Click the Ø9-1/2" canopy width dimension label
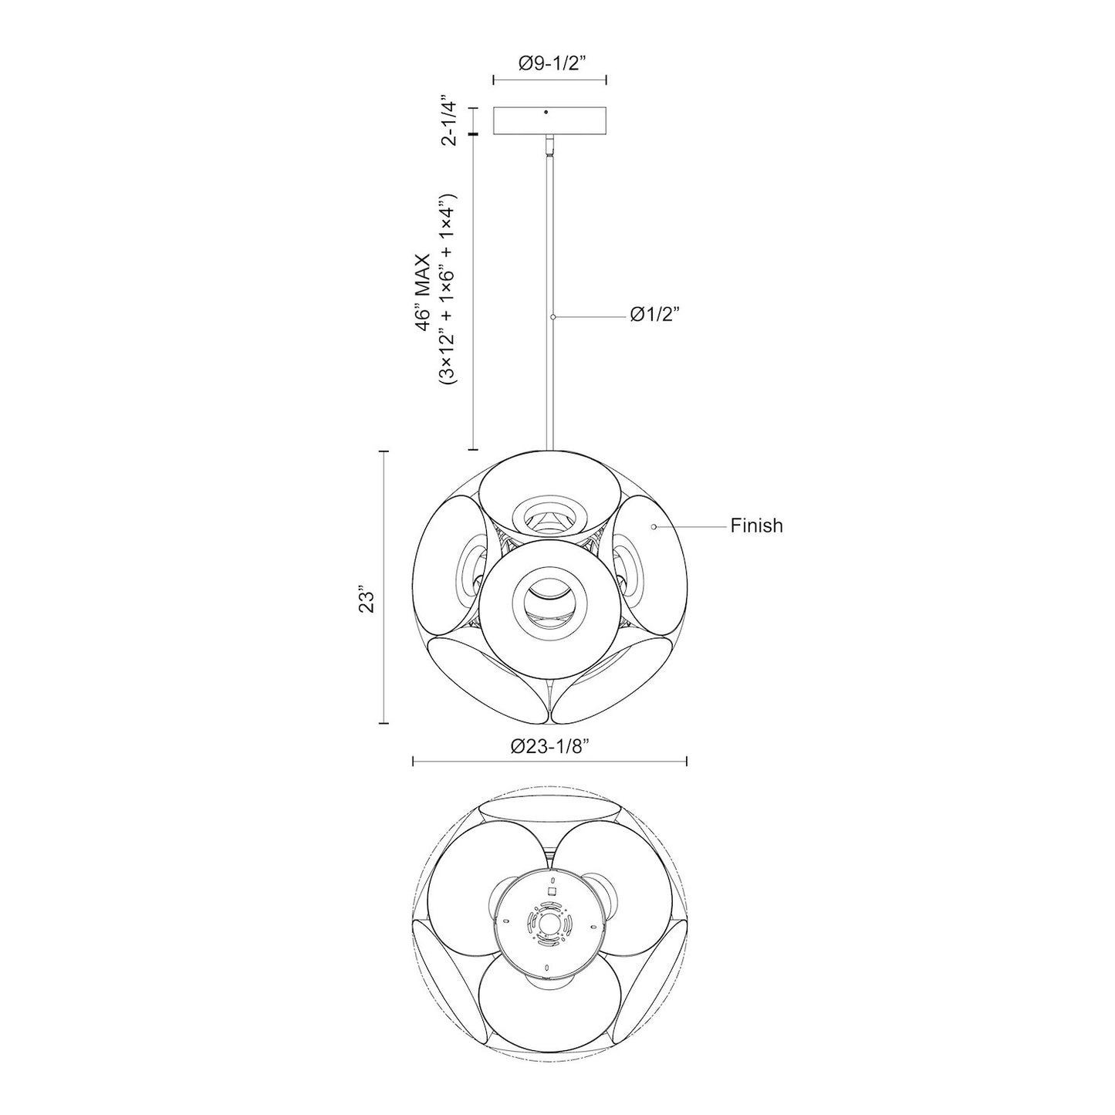(x=549, y=64)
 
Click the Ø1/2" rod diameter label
(x=655, y=315)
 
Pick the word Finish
(x=756, y=526)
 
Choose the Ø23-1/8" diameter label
(x=550, y=746)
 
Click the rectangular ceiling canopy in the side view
(x=549, y=122)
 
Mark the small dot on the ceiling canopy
(x=546, y=113)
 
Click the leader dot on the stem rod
(x=552, y=316)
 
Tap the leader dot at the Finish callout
(x=654, y=526)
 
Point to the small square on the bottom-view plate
(x=551, y=890)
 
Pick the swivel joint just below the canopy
(x=549, y=144)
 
